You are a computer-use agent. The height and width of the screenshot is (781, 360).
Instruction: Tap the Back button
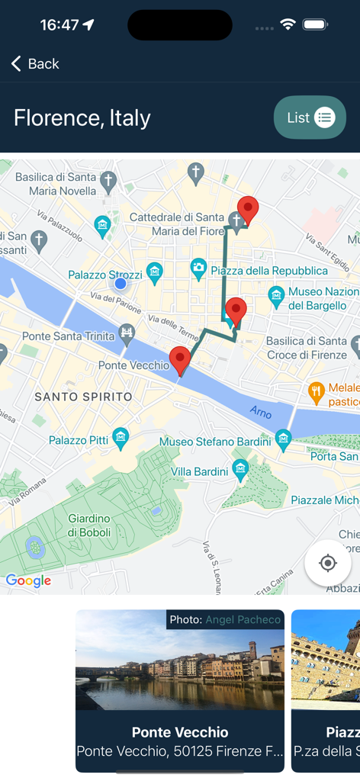(35, 64)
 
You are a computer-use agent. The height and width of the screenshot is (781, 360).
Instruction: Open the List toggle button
(310, 117)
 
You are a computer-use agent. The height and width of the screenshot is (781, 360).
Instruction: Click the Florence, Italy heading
(82, 118)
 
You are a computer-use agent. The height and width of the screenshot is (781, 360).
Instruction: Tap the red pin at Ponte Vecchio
(180, 359)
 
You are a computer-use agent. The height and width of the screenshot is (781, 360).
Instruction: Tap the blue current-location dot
(121, 284)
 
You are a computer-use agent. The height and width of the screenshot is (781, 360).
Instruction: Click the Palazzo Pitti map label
(79, 440)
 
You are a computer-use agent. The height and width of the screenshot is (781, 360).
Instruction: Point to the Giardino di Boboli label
(88, 525)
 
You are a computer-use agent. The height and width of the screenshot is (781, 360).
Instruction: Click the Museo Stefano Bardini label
(215, 442)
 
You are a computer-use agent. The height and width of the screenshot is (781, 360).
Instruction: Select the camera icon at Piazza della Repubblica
(199, 267)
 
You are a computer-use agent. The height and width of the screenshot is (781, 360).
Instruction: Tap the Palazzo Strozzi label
(104, 275)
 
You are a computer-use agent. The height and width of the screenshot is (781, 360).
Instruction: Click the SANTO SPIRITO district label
(83, 397)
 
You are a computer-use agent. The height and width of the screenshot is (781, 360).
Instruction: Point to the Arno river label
(260, 412)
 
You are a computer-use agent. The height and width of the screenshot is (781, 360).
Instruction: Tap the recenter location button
(328, 564)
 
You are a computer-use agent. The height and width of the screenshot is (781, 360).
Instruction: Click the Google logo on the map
(28, 580)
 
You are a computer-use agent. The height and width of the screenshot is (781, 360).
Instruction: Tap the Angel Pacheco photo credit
(243, 619)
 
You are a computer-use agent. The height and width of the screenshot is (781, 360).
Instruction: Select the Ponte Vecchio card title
(180, 732)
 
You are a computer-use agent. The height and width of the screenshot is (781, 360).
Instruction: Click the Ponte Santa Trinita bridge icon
(127, 333)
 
